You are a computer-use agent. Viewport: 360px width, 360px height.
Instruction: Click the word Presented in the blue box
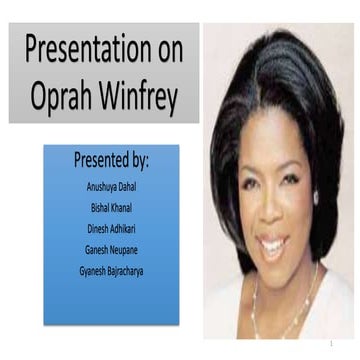[x=100, y=160]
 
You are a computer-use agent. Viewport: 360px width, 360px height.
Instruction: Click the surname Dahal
[x=131, y=186]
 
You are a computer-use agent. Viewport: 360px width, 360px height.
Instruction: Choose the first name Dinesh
[x=97, y=228]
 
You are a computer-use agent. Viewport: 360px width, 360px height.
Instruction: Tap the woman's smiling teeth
[x=272, y=242]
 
